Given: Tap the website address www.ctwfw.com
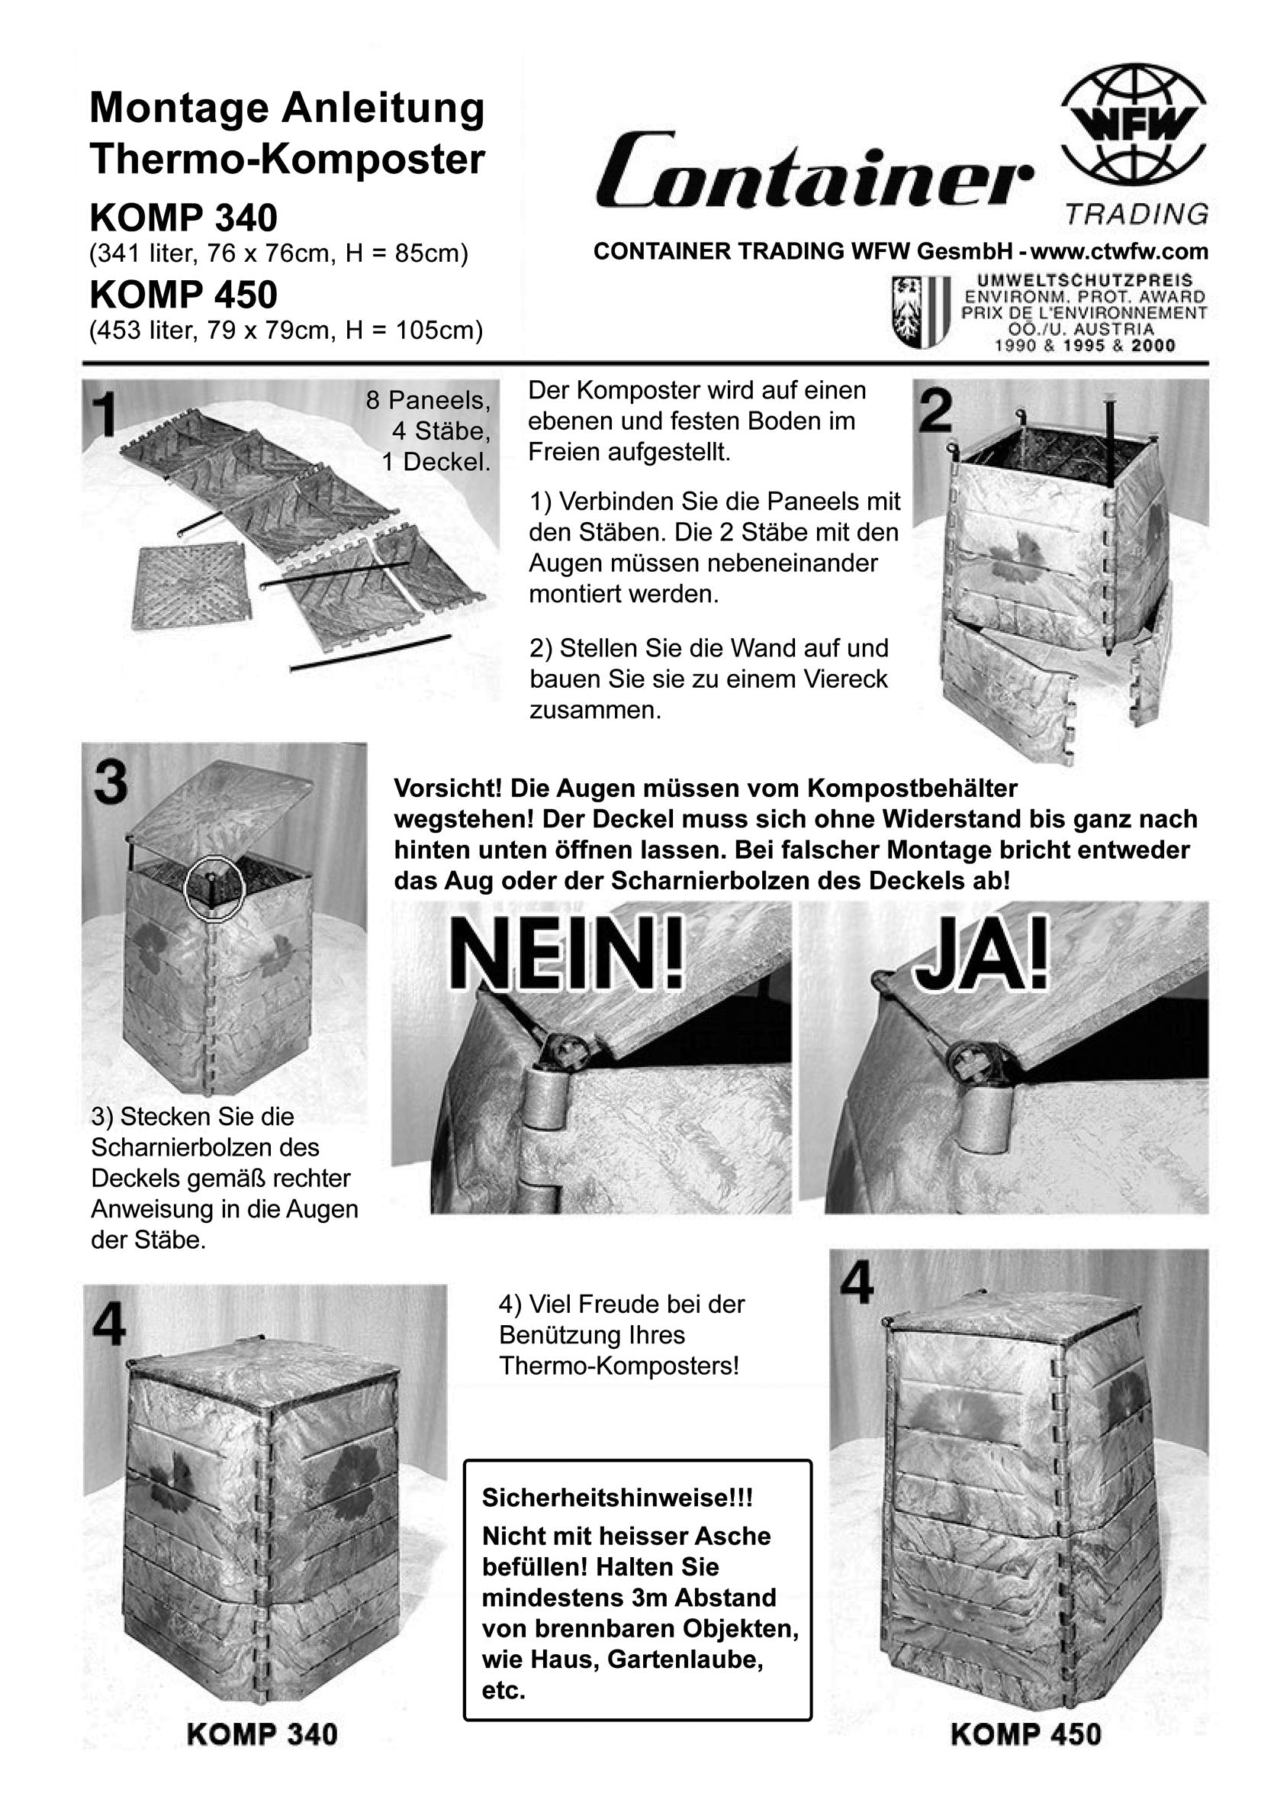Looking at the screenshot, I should (1118, 251).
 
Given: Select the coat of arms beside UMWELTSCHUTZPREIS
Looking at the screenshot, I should (922, 311).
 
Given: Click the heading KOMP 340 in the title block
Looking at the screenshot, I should (184, 218).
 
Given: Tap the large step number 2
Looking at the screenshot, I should (935, 411).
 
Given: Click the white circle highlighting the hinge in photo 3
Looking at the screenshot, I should (214, 887).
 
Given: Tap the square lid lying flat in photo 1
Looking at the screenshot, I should (189, 588).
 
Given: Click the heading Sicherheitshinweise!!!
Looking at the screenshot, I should (617, 1498).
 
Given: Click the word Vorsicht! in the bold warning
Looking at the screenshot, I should (448, 788).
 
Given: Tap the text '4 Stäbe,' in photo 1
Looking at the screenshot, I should (441, 431).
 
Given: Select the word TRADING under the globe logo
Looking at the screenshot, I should (1136, 214).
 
